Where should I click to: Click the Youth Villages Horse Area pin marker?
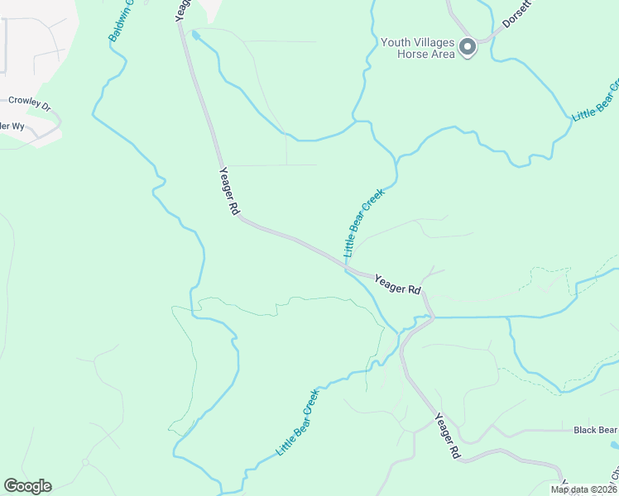point(468,47)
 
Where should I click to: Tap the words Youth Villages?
point(418,42)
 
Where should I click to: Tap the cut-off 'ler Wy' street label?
point(12,126)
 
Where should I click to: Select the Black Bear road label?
point(595,431)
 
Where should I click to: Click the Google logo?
point(27,486)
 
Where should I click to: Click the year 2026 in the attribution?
point(604,489)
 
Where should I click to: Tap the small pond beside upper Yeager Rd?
point(195,36)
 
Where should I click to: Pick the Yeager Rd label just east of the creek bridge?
point(398,285)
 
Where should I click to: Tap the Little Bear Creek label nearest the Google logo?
point(297,422)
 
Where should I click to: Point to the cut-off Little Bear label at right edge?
point(596,100)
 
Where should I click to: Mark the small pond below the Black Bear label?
point(614,445)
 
